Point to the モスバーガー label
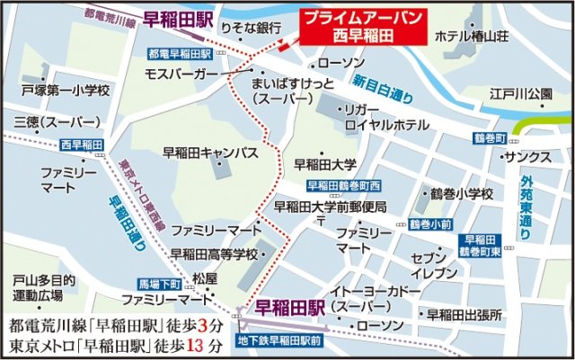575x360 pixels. [181, 73]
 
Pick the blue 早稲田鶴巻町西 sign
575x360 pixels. [345, 186]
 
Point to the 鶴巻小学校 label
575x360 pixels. [463, 194]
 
